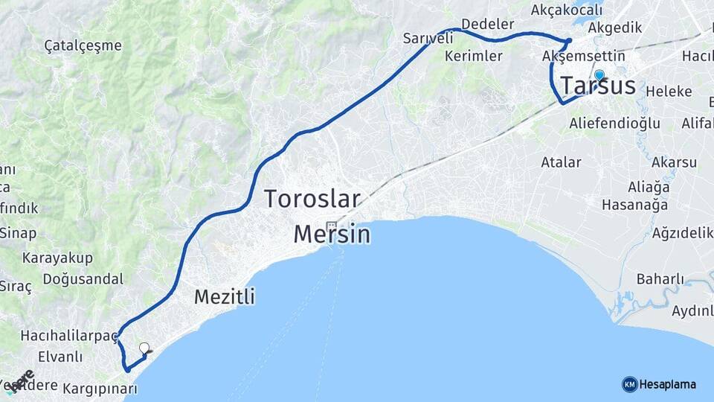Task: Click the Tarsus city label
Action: pyautogui.click(x=599, y=86)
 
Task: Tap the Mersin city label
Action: pyautogui.click(x=332, y=234)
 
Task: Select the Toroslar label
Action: pyautogui.click(x=312, y=200)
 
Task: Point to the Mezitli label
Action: pyautogui.click(x=224, y=297)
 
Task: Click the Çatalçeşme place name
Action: pyautogui.click(x=83, y=45)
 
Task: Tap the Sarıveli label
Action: pyautogui.click(x=428, y=38)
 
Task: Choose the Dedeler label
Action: pyautogui.click(x=488, y=25)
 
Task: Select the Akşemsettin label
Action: pyautogui.click(x=584, y=57)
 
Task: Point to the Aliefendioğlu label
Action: pyautogui.click(x=614, y=123)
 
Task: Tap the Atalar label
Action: pyautogui.click(x=561, y=162)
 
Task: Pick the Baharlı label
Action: pyautogui.click(x=660, y=279)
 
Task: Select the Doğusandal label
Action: pyautogui.click(x=83, y=279)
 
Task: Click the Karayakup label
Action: pyautogui.click(x=57, y=258)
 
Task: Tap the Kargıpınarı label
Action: pyautogui.click(x=100, y=389)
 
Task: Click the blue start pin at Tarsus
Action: pyautogui.click(x=599, y=75)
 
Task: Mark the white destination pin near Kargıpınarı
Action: pyautogui.click(x=144, y=348)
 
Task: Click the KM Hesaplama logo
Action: pyautogui.click(x=659, y=384)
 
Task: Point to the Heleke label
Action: pyautogui.click(x=669, y=92)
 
